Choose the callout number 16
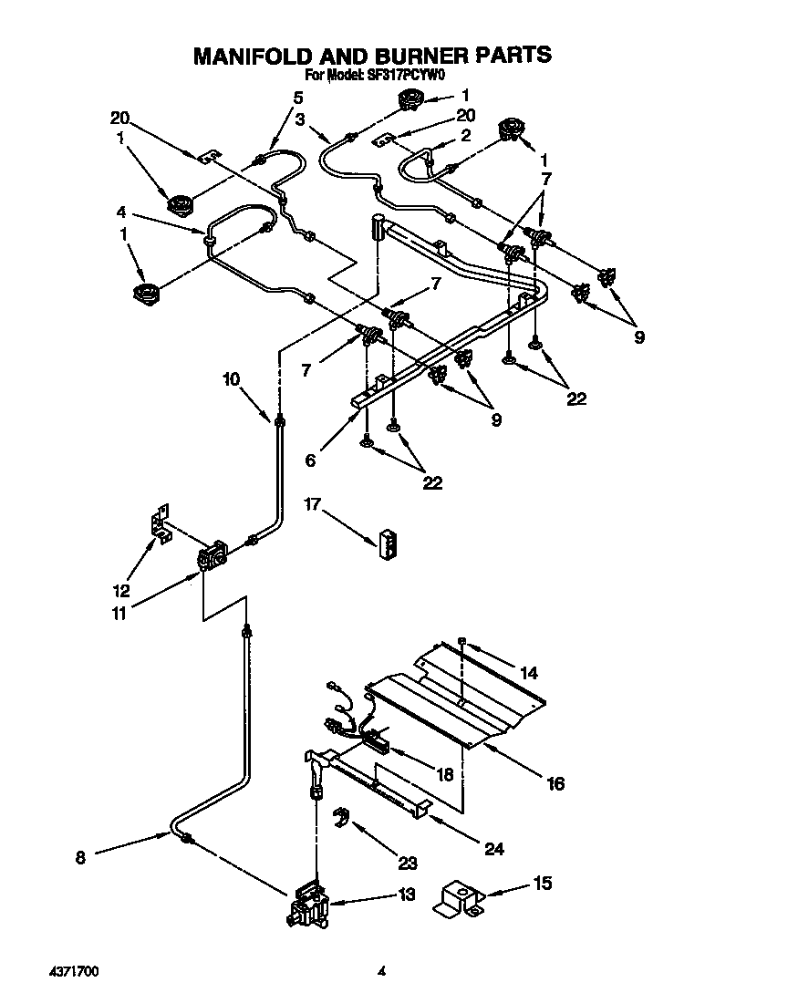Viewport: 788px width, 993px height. (555, 782)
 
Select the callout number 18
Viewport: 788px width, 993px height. (444, 774)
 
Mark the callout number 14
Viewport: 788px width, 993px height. (528, 674)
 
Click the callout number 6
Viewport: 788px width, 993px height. (311, 461)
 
